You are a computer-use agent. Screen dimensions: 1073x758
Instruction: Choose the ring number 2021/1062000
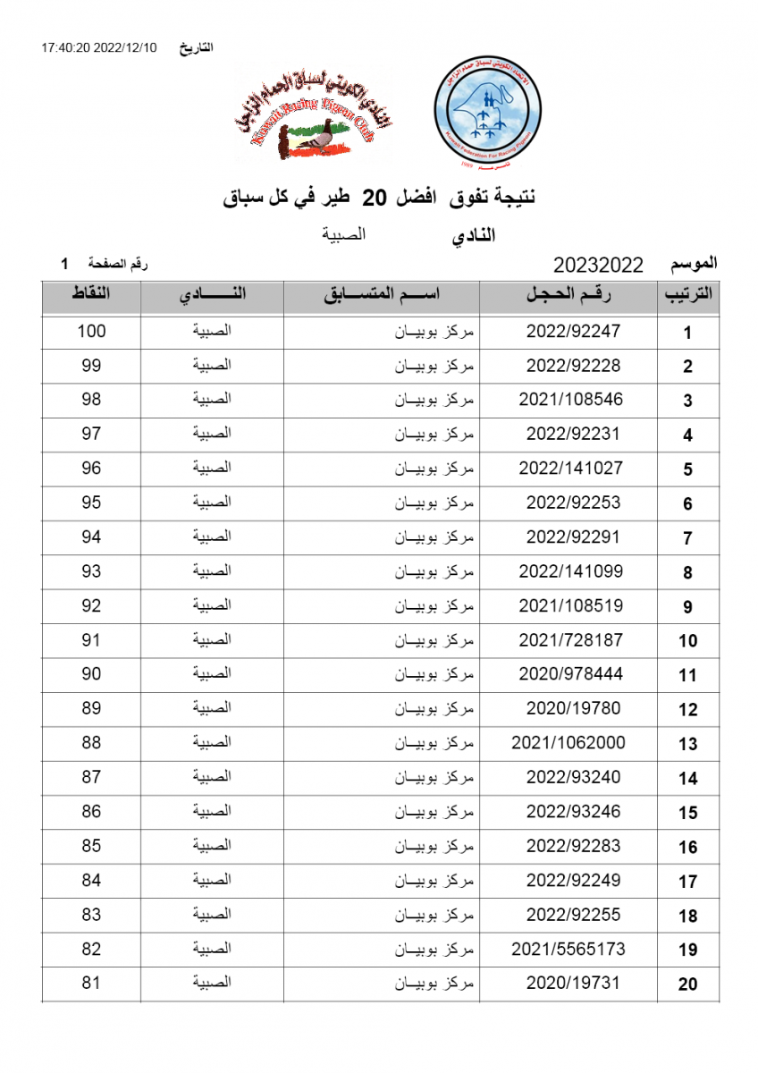(x=568, y=743)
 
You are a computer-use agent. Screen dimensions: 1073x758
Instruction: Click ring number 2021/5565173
(x=568, y=949)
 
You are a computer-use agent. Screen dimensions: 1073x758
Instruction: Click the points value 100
(x=91, y=331)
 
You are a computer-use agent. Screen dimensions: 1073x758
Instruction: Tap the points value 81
(x=91, y=983)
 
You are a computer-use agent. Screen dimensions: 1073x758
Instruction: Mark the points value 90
(x=91, y=674)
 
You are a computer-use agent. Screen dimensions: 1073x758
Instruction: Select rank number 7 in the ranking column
(x=687, y=538)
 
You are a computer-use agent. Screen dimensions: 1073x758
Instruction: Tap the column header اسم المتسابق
(x=382, y=295)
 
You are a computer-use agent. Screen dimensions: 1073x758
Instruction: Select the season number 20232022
(x=598, y=265)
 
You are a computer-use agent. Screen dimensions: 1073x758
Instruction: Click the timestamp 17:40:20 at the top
(x=63, y=47)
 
